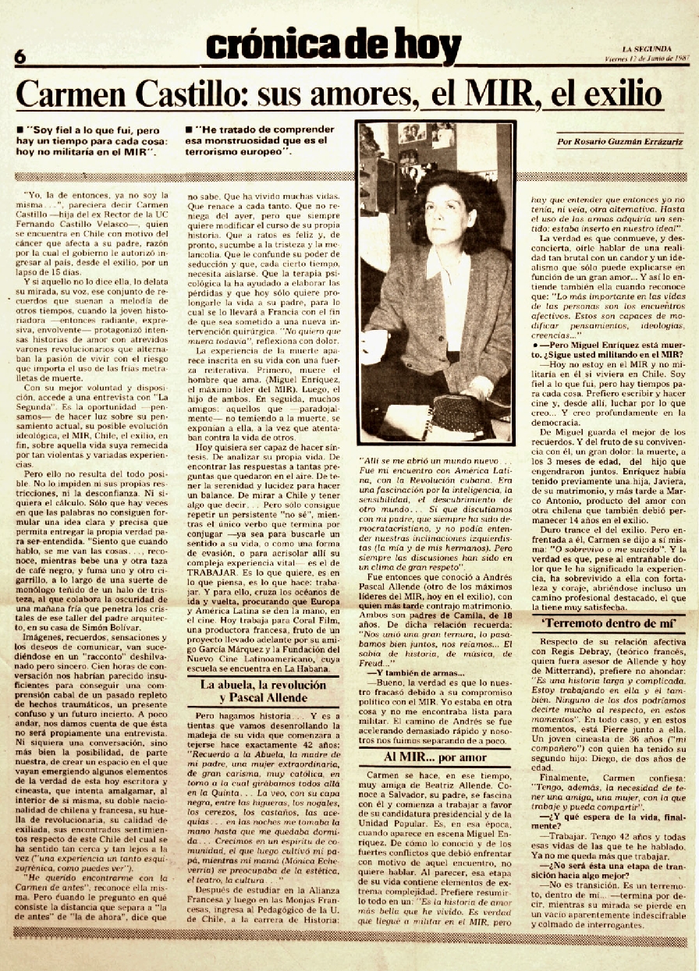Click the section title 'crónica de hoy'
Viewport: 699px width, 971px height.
click(x=334, y=46)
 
